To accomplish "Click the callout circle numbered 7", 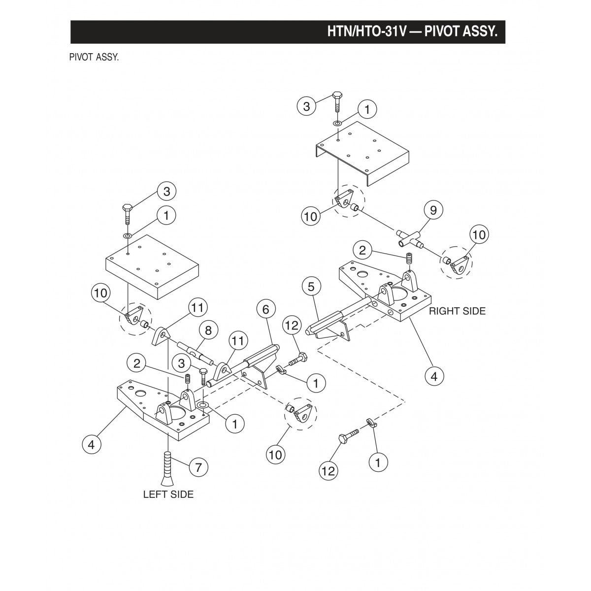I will tap(198, 467).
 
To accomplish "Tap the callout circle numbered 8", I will tap(208, 330).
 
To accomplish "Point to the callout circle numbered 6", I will tap(265, 310).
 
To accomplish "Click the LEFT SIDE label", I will tap(168, 494).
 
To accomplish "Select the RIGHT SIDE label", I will tap(457, 311).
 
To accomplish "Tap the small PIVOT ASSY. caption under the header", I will tap(94, 57).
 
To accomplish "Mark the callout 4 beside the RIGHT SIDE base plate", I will tap(434, 376).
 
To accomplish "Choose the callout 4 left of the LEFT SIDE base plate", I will tap(91, 445).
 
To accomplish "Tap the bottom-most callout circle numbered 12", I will tap(328, 471).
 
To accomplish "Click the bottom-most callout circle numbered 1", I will tap(379, 462).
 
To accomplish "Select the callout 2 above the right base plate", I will tap(362, 251).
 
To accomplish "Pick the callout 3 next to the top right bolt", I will tap(307, 106).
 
